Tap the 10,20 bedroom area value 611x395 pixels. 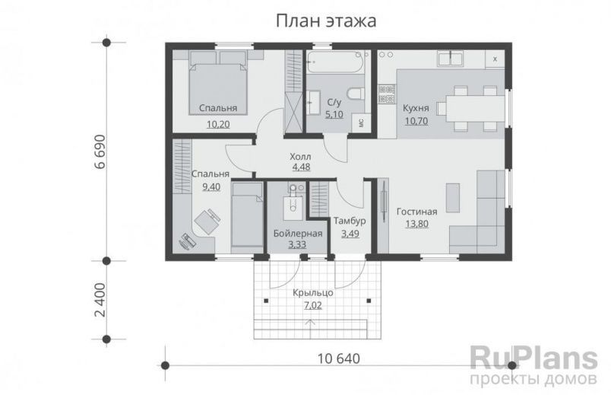tap(218, 123)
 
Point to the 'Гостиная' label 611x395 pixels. tap(416, 211)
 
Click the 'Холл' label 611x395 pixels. tap(301, 157)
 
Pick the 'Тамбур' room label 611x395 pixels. tap(350, 221)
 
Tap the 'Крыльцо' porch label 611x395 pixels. tap(312, 292)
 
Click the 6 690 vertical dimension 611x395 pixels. tap(98, 156)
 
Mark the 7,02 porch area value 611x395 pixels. tap(312, 304)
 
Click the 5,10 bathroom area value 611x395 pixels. tap(334, 114)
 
